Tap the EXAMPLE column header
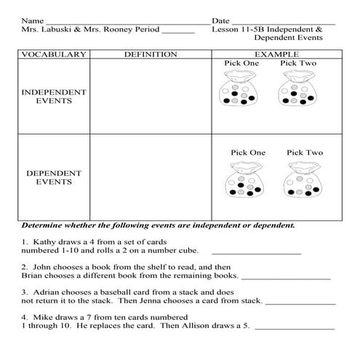coord(276,55)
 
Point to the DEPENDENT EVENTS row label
coord(53,177)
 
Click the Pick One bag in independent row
coord(238,95)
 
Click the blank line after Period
coord(178,33)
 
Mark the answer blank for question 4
coord(294,328)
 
